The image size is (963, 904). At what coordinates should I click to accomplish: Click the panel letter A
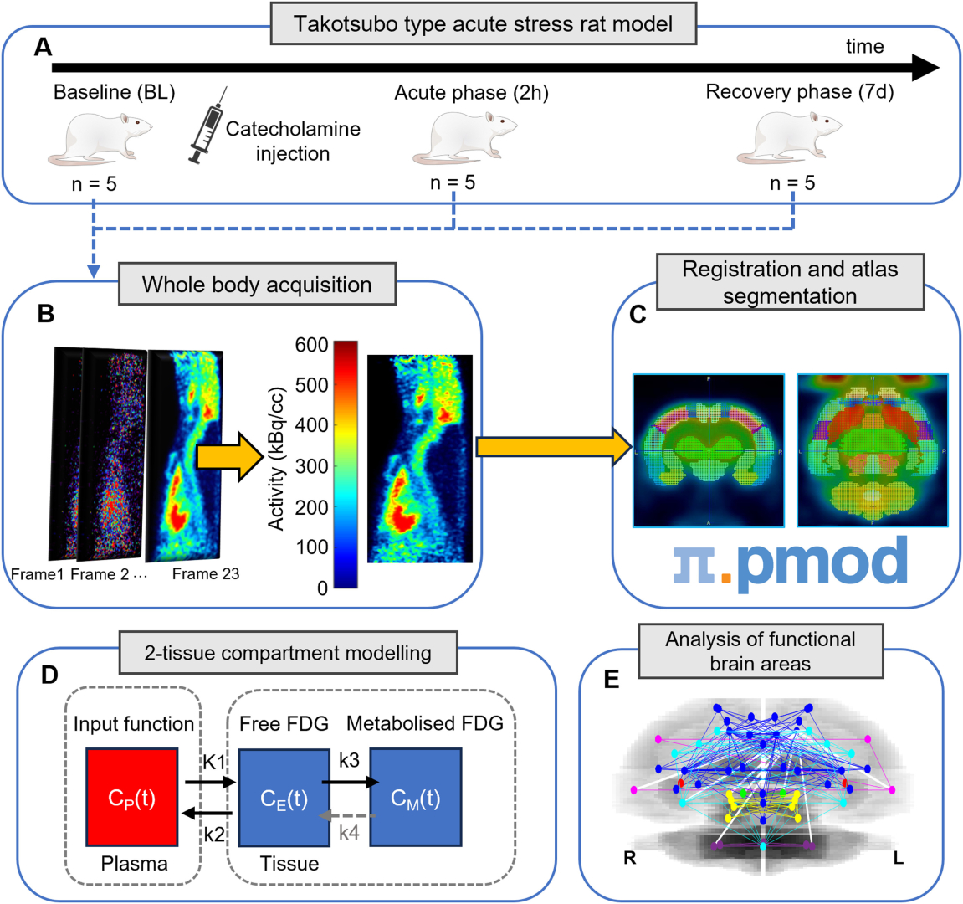coord(43,47)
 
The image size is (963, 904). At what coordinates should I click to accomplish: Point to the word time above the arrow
coord(864,47)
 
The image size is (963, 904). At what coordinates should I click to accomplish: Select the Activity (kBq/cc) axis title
coord(277,458)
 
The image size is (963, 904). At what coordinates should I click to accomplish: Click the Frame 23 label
coord(206,574)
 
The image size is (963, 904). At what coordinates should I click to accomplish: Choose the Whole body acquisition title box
coord(257,285)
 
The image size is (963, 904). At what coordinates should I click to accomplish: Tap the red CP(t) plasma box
coord(131,798)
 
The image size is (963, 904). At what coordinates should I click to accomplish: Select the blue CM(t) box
coord(416,798)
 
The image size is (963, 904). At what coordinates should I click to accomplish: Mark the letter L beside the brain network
coord(898,859)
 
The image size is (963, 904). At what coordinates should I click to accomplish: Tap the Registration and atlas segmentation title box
coord(790,282)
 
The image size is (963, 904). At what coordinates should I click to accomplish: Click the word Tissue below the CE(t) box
coord(289,864)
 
